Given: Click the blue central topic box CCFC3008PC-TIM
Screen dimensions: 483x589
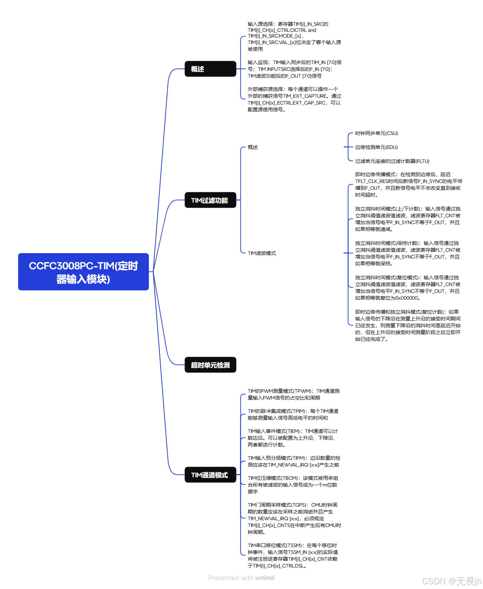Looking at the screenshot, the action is (x=83, y=272).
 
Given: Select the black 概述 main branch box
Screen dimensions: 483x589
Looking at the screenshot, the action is (x=210, y=69).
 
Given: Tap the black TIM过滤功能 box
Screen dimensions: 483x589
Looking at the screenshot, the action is (x=210, y=200).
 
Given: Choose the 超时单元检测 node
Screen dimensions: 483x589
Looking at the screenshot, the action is (x=210, y=365).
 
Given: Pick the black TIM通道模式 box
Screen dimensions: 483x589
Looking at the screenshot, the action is (x=210, y=475).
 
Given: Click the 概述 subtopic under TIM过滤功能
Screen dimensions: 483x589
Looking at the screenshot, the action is (x=253, y=147).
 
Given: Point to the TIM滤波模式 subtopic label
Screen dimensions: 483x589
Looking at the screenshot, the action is (x=262, y=253).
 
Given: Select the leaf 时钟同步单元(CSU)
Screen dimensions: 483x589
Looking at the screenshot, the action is (x=376, y=133).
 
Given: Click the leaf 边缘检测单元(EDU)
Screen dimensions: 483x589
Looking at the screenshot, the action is (x=376, y=147).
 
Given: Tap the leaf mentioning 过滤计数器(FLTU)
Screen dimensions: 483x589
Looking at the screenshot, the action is (x=392, y=161).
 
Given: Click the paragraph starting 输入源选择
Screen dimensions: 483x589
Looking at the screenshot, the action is (x=294, y=36).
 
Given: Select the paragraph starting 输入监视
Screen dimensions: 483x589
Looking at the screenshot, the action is (x=294, y=69).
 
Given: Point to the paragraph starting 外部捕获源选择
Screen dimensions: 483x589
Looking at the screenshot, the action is (x=294, y=99).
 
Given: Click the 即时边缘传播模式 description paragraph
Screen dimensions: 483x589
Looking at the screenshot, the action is (x=408, y=184).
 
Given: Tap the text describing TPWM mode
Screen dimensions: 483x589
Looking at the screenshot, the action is (x=293, y=394).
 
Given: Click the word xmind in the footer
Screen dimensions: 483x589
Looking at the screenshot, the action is (x=264, y=578).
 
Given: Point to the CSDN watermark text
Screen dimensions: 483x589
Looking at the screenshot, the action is (x=451, y=581).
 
